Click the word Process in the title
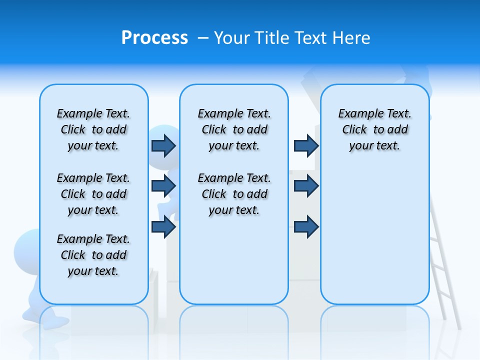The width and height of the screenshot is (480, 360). coord(154,38)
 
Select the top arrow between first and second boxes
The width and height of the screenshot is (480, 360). coord(163,145)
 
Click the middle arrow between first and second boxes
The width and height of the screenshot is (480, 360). coord(163,186)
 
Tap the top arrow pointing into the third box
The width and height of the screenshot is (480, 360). coord(306,145)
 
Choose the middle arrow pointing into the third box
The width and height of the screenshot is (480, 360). coord(306,186)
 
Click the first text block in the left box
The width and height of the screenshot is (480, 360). coord(93,129)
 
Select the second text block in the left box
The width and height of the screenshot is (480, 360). coord(93,194)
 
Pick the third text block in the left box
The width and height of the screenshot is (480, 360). coord(93,255)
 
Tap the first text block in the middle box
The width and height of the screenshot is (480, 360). coord(234,129)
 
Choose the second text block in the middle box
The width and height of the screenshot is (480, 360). coord(234,194)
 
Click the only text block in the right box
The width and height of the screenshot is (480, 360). coord(374,129)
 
